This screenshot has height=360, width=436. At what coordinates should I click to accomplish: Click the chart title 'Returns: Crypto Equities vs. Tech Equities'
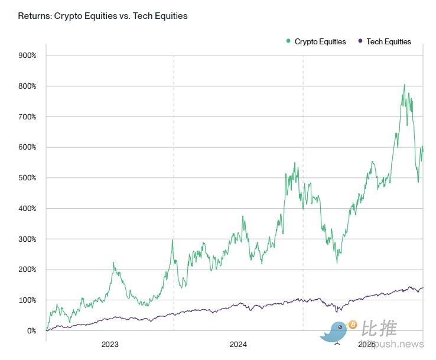pyautogui.click(x=103, y=16)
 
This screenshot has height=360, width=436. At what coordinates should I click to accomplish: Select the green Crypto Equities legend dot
pyautogui.click(x=288, y=41)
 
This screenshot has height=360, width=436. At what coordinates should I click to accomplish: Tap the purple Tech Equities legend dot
pyautogui.click(x=360, y=41)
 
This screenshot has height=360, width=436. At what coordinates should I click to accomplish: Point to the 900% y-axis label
pyautogui.click(x=27, y=56)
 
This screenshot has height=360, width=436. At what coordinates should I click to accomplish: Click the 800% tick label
pyautogui.click(x=27, y=86)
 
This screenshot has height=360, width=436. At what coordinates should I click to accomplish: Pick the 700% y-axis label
pyautogui.click(x=27, y=117)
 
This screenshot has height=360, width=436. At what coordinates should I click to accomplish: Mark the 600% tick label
pyautogui.click(x=27, y=147)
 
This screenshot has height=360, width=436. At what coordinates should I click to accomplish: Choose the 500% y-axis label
pyautogui.click(x=27, y=178)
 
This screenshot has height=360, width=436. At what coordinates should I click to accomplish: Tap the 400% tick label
pyautogui.click(x=27, y=209)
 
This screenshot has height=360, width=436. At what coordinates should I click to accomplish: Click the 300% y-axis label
pyautogui.click(x=27, y=239)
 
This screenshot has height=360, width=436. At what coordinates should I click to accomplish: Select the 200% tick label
pyautogui.click(x=27, y=270)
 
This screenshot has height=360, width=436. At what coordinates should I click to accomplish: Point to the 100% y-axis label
pyautogui.click(x=27, y=300)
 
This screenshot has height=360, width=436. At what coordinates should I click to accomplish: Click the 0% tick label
pyautogui.click(x=31, y=331)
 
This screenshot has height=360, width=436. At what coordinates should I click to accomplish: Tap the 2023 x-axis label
pyautogui.click(x=110, y=344)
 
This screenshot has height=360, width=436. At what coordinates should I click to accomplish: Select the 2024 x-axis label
pyautogui.click(x=239, y=344)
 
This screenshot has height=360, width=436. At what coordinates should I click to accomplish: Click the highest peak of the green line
pyautogui.click(x=405, y=85)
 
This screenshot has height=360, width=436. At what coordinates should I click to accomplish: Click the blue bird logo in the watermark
pyautogui.click(x=335, y=332)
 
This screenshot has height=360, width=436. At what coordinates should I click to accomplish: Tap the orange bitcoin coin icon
pyautogui.click(x=353, y=325)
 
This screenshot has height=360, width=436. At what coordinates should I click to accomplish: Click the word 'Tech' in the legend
pyautogui.click(x=375, y=41)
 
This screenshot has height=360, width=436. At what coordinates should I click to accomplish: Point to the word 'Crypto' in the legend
pyautogui.click(x=306, y=41)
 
